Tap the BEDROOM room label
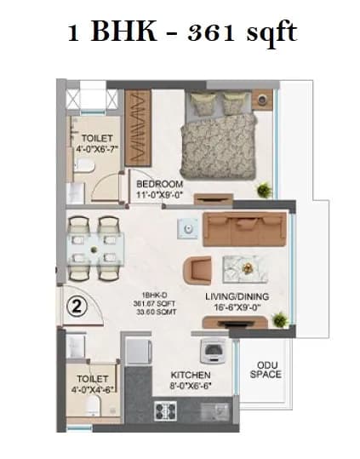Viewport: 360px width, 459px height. (x=160, y=183)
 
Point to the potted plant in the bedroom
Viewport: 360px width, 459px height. (x=265, y=189)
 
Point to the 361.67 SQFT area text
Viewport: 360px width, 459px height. (x=139, y=301)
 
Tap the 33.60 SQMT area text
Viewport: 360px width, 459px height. (x=139, y=310)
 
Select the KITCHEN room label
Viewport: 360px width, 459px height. (x=191, y=374)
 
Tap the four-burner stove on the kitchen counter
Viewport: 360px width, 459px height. (x=166, y=413)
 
